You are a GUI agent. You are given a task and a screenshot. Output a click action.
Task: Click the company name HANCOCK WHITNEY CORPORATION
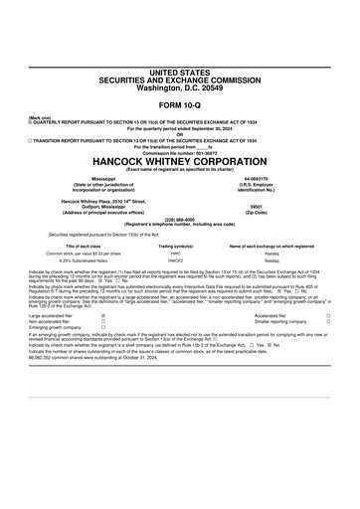(x=180, y=160)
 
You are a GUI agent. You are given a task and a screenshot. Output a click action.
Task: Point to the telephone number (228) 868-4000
(x=180, y=221)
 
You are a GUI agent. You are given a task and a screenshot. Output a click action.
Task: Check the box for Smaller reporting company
(x=327, y=322)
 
